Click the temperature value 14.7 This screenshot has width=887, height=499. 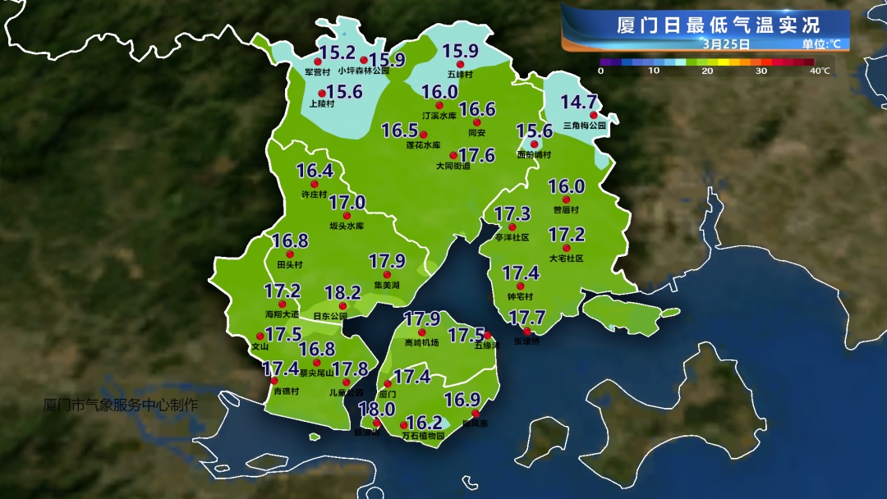pos(579,103)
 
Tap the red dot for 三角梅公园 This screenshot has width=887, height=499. pos(594,116)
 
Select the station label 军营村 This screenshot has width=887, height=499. pos(306,72)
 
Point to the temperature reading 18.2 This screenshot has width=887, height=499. pos(342,293)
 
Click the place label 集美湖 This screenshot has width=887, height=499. pos(386,286)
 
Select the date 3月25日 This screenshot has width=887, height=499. pos(726,44)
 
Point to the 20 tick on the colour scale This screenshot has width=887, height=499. pos(707,71)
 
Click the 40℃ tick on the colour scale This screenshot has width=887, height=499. pos(820,71)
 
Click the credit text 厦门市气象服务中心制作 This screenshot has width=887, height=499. pos(121,405)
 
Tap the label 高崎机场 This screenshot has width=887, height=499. pos(422,343)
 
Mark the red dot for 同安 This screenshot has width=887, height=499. pos(477,122)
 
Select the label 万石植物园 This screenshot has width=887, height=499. pos(423,437)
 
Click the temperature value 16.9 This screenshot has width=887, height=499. pos(462,400)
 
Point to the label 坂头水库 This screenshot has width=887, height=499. pos(347,226)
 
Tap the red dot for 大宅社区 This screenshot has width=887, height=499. pos(566,247)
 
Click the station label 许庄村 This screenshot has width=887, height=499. pos(315,195)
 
